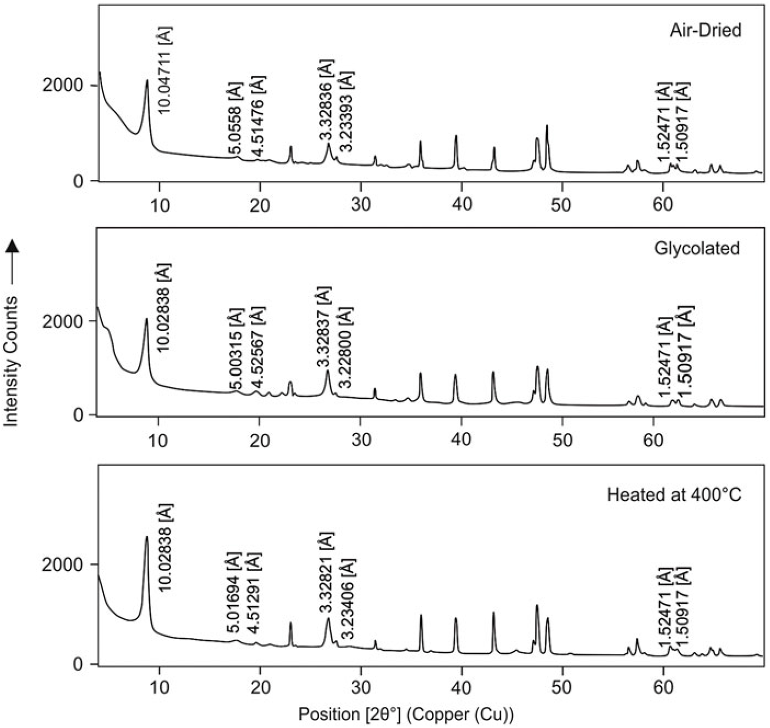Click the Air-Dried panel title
click(x=705, y=30)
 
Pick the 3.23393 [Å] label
click(x=346, y=111)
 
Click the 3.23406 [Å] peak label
click(x=348, y=599)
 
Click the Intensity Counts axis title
click(x=12, y=361)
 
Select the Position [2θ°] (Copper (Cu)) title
click(x=406, y=714)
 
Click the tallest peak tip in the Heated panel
click(x=147, y=537)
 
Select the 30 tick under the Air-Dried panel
click(x=361, y=204)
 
